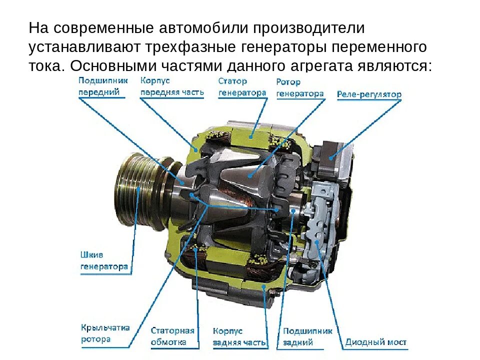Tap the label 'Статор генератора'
pyautogui.click(x=242, y=86)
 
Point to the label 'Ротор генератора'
pyautogui.click(x=299, y=87)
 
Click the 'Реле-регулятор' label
pyautogui.click(x=368, y=94)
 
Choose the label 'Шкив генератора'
pyautogui.click(x=104, y=260)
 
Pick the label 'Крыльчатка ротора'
pyautogui.click(x=105, y=333)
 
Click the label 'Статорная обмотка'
pyautogui.click(x=172, y=336)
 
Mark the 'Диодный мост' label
pyautogui.click(x=375, y=342)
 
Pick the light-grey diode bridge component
pyautogui.click(x=320, y=220)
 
